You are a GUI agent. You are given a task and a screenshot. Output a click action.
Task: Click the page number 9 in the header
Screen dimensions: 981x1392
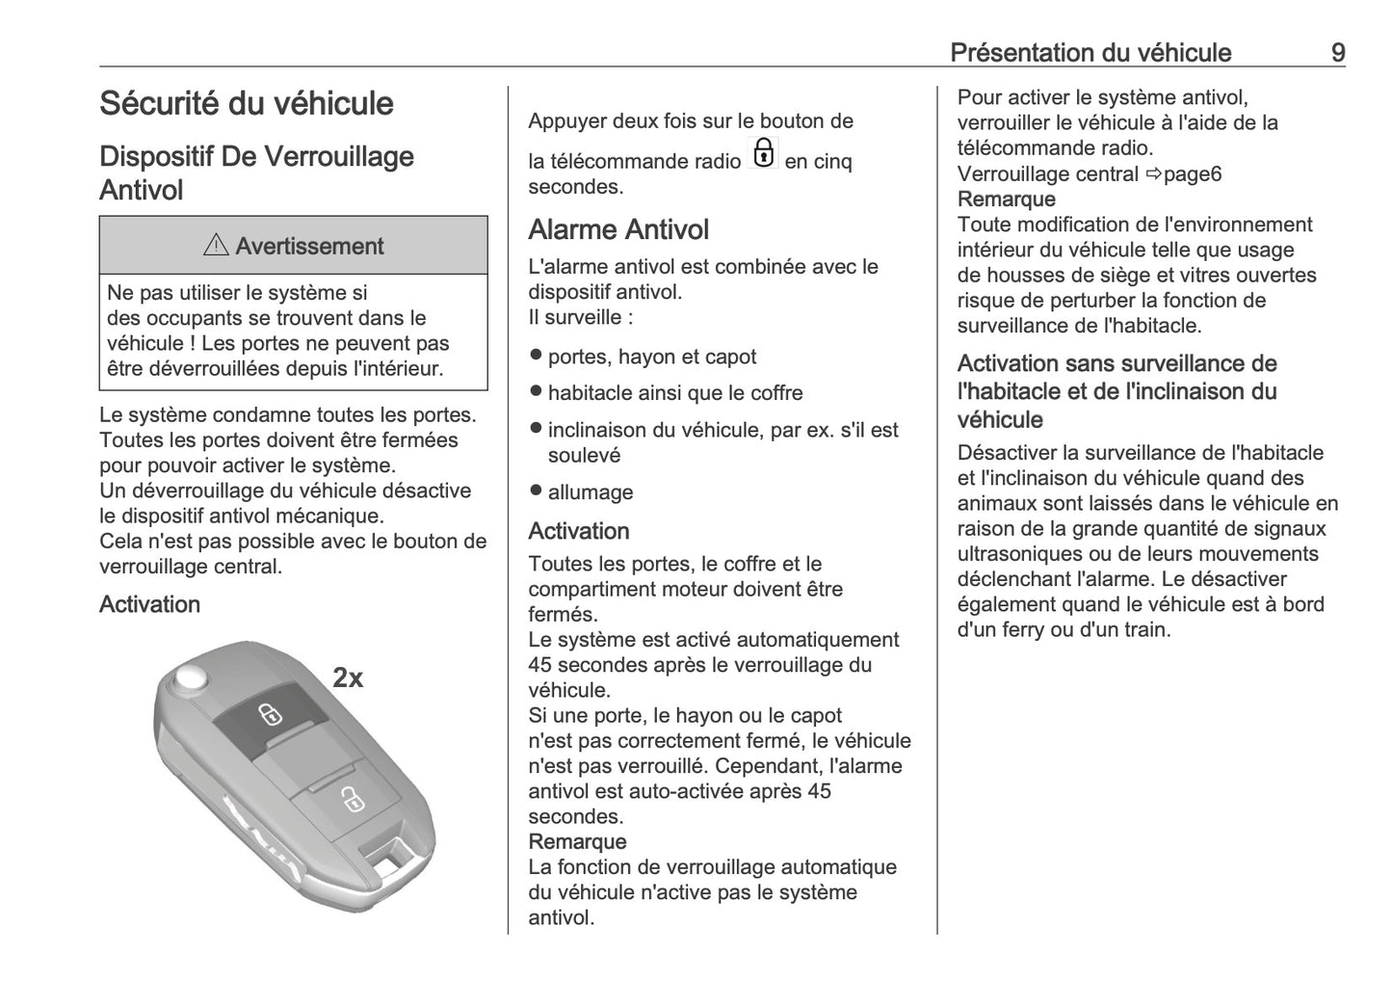pos(1337,52)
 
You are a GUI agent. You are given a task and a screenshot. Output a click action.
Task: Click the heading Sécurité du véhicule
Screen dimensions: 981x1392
pos(247,103)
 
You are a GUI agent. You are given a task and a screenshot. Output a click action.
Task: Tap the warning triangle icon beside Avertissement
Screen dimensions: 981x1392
pos(216,247)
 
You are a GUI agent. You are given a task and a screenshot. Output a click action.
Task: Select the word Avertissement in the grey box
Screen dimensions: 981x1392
pos(309,247)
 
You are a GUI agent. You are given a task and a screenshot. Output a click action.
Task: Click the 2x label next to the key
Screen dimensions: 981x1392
pos(348,678)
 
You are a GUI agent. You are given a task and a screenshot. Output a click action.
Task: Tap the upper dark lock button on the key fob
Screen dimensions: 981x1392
pos(270,714)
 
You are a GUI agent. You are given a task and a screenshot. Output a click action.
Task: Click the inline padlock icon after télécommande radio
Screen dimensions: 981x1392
pos(763,153)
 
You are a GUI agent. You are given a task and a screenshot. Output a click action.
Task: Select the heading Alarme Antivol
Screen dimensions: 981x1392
pos(618,229)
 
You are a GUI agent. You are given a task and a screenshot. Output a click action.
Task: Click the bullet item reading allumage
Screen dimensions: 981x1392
pos(591,492)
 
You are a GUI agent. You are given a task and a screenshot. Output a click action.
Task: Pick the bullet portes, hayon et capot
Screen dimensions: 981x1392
pos(652,357)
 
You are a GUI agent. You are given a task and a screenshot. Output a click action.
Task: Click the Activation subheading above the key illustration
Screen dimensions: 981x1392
pos(149,604)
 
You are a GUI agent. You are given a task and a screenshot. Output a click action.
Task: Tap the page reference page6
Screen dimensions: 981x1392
pos(1193,174)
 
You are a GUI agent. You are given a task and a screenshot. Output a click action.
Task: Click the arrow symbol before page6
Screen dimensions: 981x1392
pos(1153,174)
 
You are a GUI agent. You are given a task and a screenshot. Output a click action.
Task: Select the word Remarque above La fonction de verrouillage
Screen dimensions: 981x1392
pos(577,842)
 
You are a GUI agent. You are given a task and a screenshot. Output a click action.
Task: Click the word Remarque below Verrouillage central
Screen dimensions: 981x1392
pos(1006,199)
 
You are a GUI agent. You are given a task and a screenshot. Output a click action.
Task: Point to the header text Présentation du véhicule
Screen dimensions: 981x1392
pos(1090,52)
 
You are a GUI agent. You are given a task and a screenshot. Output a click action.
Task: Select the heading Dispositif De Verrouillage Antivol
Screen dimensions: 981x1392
pos(256,172)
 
